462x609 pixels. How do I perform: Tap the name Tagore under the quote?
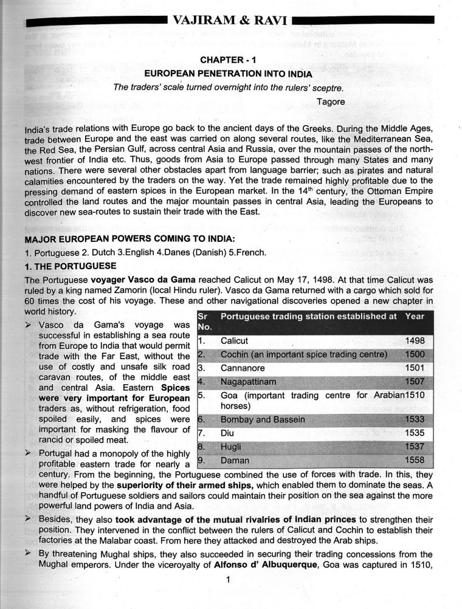click(x=331, y=101)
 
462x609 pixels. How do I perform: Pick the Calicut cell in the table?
click(x=234, y=341)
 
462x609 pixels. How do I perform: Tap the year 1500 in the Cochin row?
click(x=415, y=354)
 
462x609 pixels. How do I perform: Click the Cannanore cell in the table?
click(x=241, y=368)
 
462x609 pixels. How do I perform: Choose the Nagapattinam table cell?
click(x=248, y=382)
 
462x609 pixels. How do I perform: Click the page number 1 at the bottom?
click(x=227, y=579)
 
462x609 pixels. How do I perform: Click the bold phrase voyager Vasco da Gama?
click(x=143, y=280)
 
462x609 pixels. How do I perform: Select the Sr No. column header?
click(x=205, y=322)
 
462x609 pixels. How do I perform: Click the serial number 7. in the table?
click(x=202, y=434)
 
